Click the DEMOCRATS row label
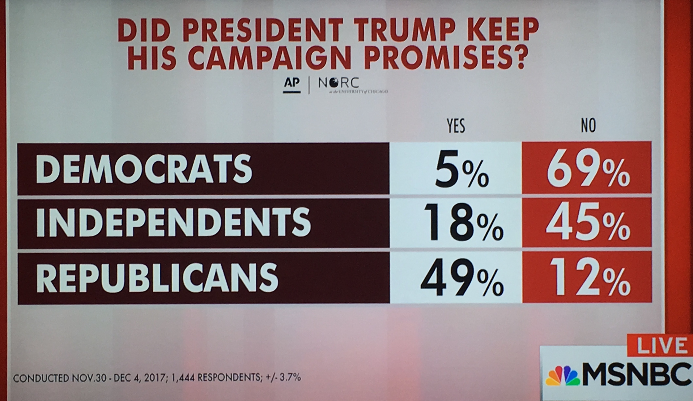click(144, 168)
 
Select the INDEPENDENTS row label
click(173, 222)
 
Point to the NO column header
click(588, 126)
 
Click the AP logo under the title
click(292, 84)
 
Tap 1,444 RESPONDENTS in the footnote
click(216, 378)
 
